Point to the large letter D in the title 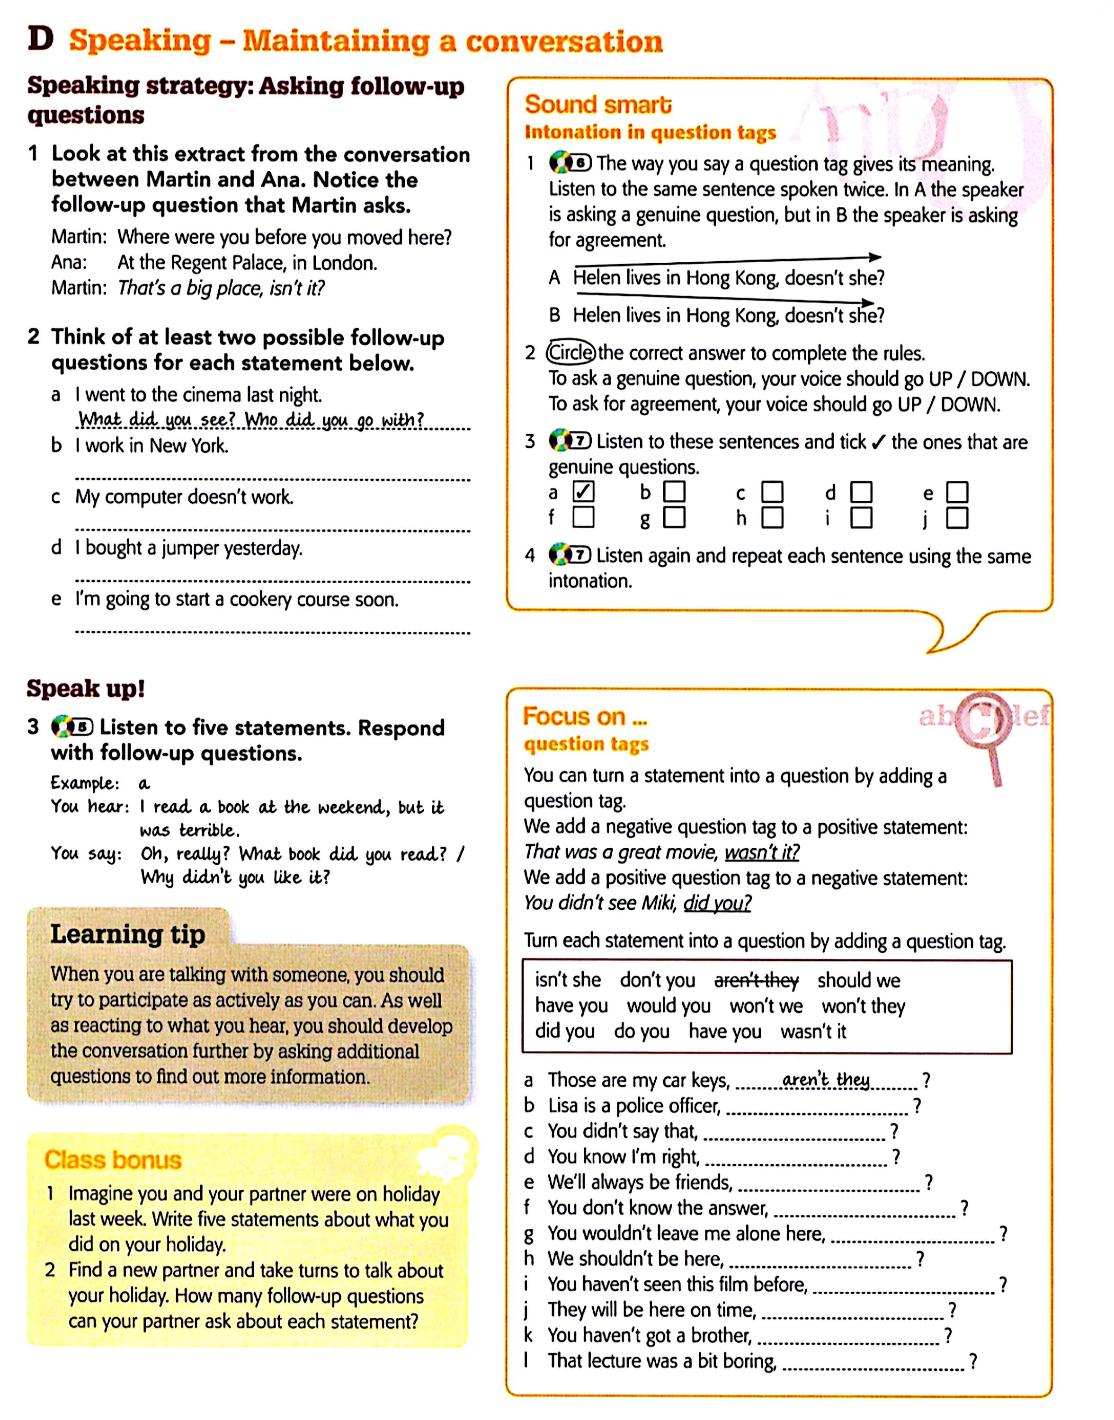pos(40,39)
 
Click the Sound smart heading pos(597,104)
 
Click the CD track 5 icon pos(72,727)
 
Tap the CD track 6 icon pos(570,162)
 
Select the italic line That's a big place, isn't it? pos(221,288)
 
